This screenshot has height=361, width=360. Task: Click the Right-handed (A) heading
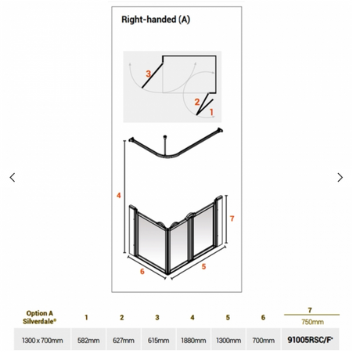coord(156,20)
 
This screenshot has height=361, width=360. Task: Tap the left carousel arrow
coord(13,177)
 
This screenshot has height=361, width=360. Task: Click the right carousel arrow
coord(340,177)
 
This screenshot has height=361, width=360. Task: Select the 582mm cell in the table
coord(88,341)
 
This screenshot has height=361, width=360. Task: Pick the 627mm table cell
coord(124,341)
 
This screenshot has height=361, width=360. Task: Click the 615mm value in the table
coord(158,341)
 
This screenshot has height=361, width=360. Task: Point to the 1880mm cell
coord(193,341)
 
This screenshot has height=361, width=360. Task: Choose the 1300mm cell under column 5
coord(229,341)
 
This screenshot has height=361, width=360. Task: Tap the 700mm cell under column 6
coord(263,341)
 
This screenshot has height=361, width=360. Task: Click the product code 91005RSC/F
coord(310,340)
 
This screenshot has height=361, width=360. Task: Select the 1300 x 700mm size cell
coord(42,341)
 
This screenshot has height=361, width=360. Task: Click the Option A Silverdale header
coord(39,317)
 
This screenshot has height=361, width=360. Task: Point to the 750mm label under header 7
coord(312,322)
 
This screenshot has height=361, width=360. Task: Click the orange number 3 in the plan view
coord(148,74)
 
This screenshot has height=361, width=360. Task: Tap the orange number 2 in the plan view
coord(197,102)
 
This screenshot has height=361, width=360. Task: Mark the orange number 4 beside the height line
coord(119,195)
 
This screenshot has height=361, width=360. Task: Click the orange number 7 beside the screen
coord(232,218)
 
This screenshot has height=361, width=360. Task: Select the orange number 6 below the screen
coord(142,272)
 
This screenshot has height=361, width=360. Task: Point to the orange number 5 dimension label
coord(203,266)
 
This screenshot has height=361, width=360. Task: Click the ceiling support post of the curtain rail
coord(164,145)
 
